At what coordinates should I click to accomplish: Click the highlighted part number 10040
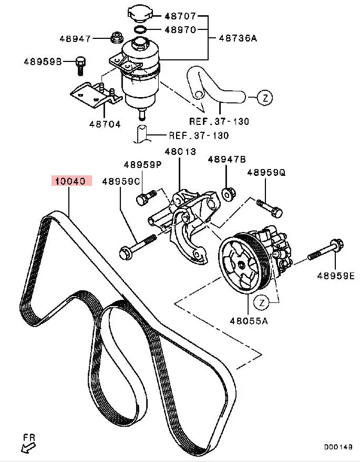tap(71, 181)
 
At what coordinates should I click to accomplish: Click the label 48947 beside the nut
tap(76, 38)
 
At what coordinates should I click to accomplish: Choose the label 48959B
tap(43, 61)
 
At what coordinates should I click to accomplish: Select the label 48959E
tap(335, 275)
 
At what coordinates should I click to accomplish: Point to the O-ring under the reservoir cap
tap(139, 29)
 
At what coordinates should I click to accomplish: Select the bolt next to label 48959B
tap(80, 64)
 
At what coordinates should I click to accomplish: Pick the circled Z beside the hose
tap(265, 97)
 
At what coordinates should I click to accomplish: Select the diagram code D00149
tap(337, 447)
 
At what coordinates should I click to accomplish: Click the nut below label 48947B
tap(228, 193)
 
